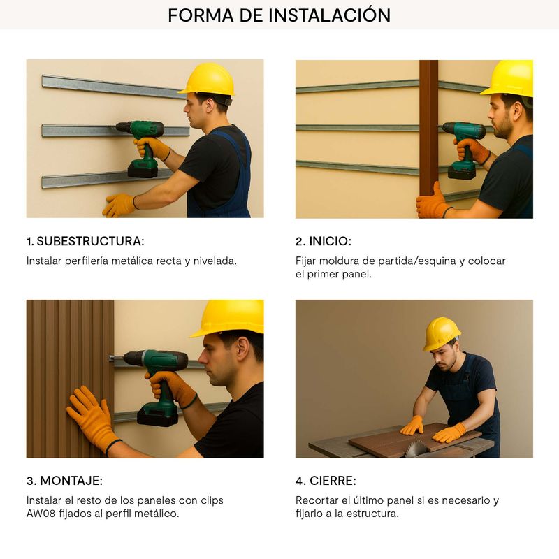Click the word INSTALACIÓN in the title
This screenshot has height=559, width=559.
(x=329, y=15)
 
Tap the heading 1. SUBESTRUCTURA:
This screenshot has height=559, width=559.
(x=85, y=241)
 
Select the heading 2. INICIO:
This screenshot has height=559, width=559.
(x=324, y=241)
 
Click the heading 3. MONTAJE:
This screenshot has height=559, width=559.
(x=64, y=481)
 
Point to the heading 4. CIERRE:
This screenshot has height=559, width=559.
(x=326, y=481)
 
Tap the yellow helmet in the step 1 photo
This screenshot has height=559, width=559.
(x=208, y=79)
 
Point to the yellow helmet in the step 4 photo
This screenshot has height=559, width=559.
(x=441, y=334)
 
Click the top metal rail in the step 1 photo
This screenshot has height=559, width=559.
(x=112, y=87)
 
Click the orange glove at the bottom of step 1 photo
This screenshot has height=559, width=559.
(x=119, y=205)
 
